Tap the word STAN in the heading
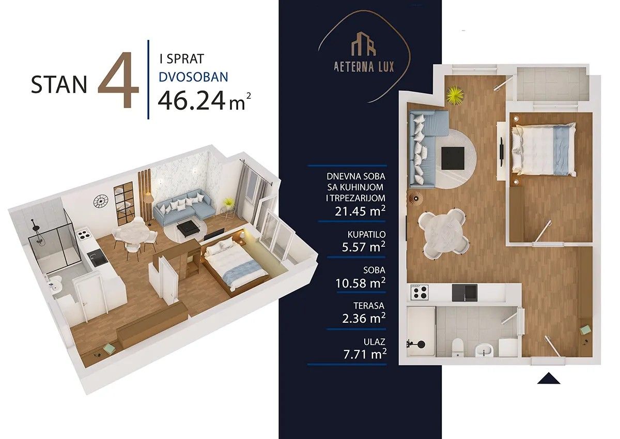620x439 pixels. click(59, 85)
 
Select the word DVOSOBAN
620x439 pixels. click(193, 77)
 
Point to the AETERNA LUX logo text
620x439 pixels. click(364, 67)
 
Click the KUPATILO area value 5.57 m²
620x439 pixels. click(363, 247)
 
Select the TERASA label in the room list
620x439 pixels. click(369, 306)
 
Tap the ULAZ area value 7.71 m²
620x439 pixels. click(365, 354)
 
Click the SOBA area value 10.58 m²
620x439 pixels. click(361, 283)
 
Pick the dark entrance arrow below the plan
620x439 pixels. click(549, 379)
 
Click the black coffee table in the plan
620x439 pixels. click(453, 158)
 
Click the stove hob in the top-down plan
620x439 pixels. click(420, 293)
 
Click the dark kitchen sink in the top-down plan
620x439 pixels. click(464, 293)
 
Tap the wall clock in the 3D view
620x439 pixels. click(100, 201)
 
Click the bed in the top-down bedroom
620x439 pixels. click(544, 150)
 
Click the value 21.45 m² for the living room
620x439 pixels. click(360, 211)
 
